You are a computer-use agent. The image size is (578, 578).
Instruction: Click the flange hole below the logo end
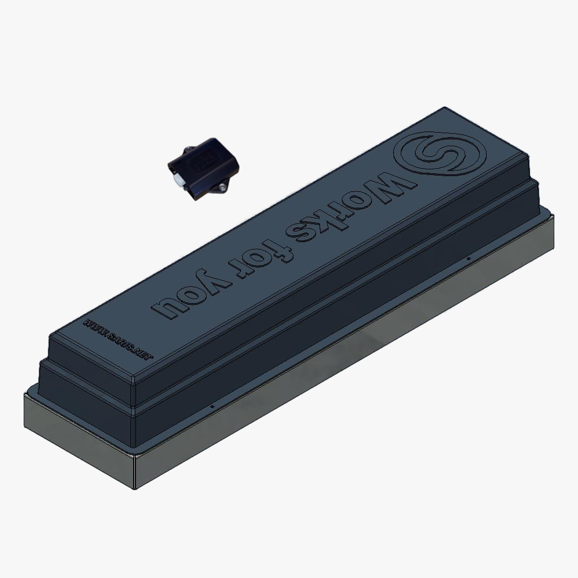(468, 259)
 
